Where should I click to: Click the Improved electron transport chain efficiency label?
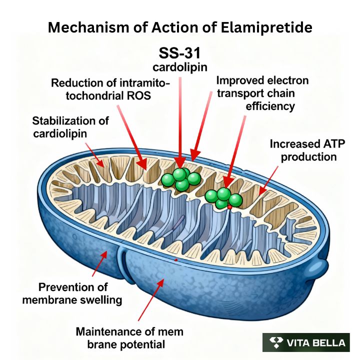pos(262,93)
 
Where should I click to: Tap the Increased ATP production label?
pos(302,150)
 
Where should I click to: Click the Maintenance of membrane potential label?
pos(129,337)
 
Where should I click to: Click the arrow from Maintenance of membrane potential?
pos(149,300)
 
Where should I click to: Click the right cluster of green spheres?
pos(223,197)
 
